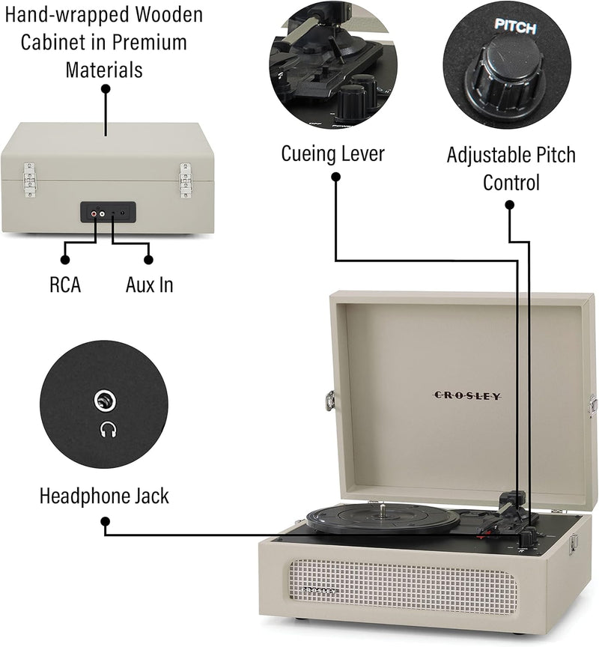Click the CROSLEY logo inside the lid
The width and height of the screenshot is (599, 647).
[468, 395]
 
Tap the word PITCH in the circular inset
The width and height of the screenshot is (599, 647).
[515, 28]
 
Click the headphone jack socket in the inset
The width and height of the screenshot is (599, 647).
[106, 402]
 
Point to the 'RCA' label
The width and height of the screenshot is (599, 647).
[65, 285]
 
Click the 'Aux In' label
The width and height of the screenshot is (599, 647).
[148, 285]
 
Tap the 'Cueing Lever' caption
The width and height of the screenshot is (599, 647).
[332, 154]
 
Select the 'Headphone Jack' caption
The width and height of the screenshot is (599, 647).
[104, 496]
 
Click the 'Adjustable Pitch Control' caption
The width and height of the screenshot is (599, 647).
[511, 168]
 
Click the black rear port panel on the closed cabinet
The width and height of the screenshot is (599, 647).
[108, 213]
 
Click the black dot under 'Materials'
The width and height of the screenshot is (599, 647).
[106, 88]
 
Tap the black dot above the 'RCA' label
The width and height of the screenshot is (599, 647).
[65, 259]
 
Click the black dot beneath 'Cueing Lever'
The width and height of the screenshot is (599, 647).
[335, 177]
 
